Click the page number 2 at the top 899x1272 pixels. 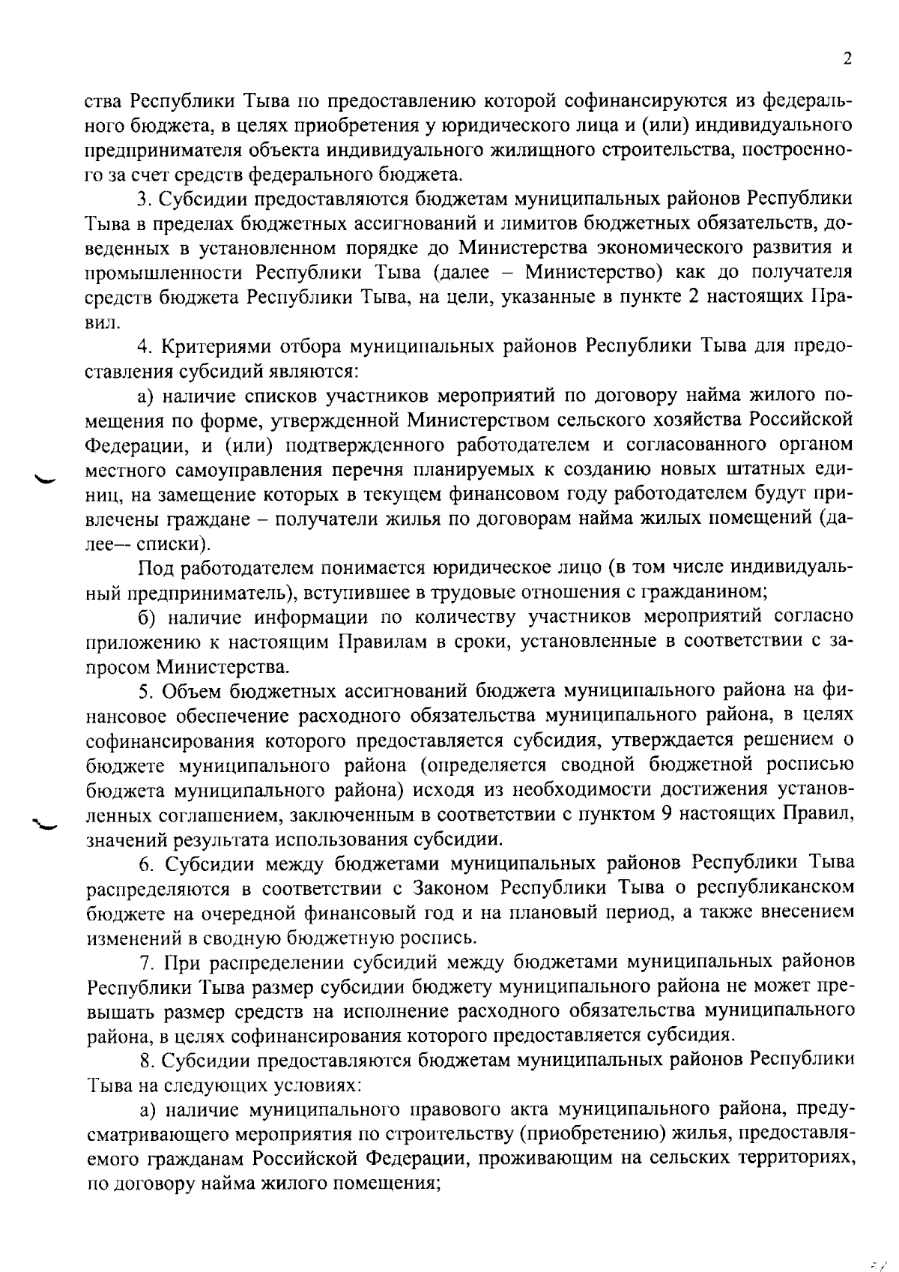847,59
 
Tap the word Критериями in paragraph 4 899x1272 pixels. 214,347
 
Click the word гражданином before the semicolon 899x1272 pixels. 702,592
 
